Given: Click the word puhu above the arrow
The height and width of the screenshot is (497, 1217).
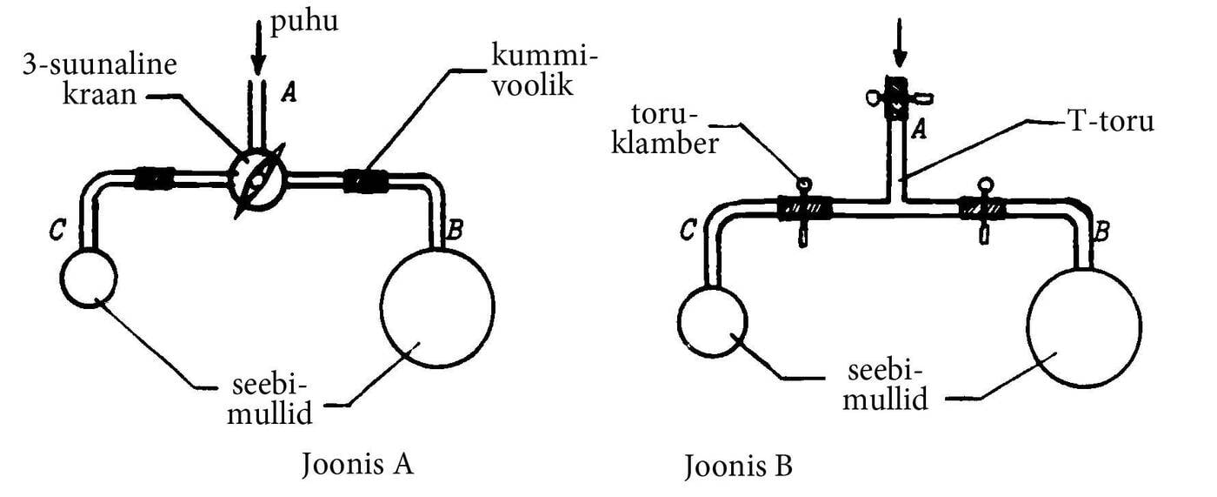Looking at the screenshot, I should coord(303,22).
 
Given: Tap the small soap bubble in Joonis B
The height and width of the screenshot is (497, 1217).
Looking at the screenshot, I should coord(712,321).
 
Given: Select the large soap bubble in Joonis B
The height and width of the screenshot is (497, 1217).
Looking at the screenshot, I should coord(1084,326).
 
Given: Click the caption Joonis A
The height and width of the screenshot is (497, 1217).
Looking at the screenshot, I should coord(356,463).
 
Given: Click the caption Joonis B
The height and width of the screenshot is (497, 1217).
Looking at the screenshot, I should coord(737,467).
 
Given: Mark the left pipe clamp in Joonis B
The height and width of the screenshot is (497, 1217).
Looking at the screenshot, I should coord(803,210).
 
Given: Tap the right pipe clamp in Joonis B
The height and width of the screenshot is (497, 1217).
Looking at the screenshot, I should coord(983,210).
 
